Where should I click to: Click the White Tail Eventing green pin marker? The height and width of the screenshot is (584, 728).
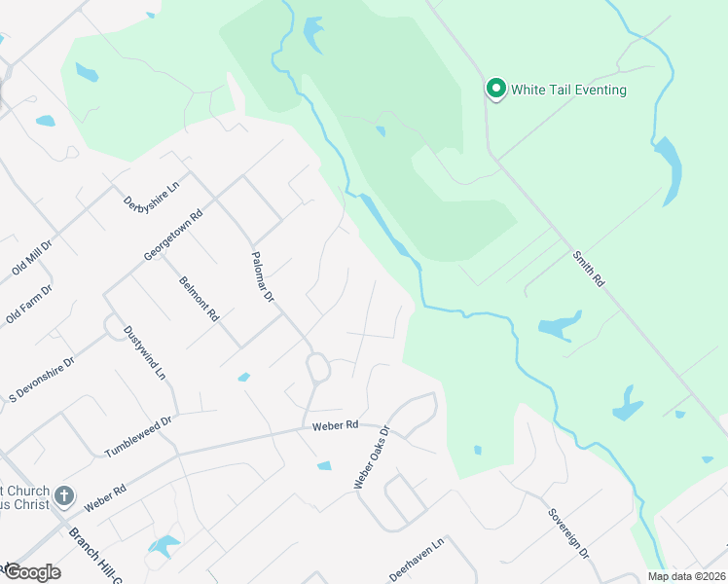[x=495, y=90]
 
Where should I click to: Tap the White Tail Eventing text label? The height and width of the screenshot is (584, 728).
[x=569, y=91]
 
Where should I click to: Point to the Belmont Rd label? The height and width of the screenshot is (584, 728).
[x=200, y=299]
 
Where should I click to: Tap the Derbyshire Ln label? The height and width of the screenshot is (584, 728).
[x=153, y=196]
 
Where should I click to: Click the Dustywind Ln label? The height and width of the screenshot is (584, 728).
[x=145, y=351]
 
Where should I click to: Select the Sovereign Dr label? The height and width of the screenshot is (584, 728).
[x=567, y=533]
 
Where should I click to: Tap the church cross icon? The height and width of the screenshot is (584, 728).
[x=64, y=496]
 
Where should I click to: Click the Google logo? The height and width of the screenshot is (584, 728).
[x=31, y=572]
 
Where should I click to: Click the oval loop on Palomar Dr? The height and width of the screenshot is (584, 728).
[x=318, y=370]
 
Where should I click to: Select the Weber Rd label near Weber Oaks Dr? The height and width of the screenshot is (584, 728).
[x=336, y=425]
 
